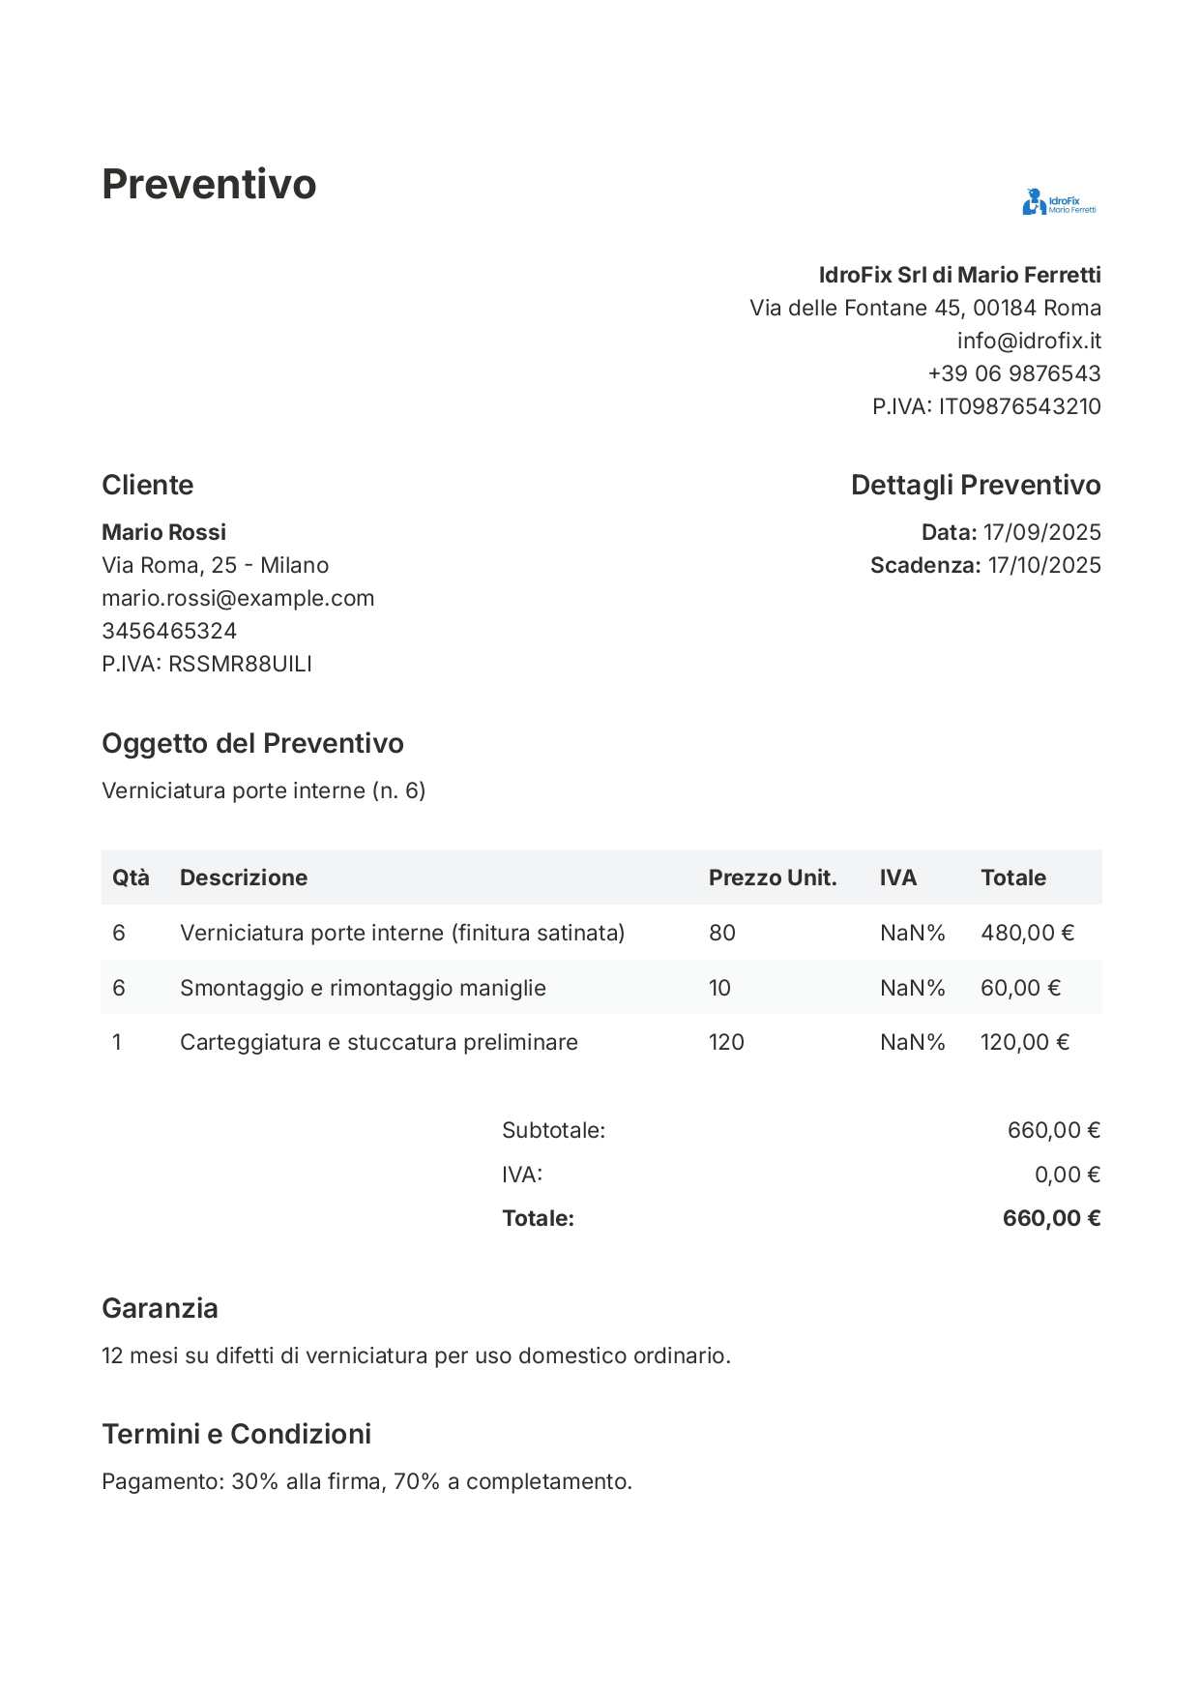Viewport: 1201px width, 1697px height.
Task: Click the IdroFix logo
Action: click(x=1059, y=202)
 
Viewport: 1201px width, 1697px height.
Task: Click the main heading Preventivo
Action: click(x=209, y=184)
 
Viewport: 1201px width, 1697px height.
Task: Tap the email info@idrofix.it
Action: click(x=1029, y=341)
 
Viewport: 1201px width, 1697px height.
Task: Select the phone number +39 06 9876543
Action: click(x=1014, y=373)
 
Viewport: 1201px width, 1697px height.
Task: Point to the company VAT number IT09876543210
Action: click(x=1019, y=406)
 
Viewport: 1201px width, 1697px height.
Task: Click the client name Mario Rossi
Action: click(x=163, y=532)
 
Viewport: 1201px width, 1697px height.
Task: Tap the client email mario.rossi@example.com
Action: click(x=238, y=598)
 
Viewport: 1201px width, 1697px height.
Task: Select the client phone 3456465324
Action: click(x=169, y=631)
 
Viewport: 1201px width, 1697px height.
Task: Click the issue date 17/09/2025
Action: click(x=1041, y=532)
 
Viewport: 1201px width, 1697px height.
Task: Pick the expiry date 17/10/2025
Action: click(x=1044, y=565)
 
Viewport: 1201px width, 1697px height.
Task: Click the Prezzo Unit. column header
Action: click(x=772, y=878)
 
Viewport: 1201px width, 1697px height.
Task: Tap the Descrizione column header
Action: click(x=244, y=878)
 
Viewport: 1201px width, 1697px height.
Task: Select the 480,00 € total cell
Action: click(x=1027, y=933)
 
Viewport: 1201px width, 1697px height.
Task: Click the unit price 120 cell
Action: click(x=726, y=1042)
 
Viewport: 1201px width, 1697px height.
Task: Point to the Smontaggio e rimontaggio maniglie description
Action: click(x=363, y=988)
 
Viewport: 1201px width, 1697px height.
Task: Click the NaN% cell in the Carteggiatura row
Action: click(x=912, y=1042)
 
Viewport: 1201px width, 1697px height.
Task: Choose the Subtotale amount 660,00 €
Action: click(x=1053, y=1130)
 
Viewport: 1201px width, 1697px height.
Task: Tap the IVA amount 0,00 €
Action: click(x=1067, y=1175)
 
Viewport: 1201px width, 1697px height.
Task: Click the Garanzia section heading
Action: click(x=160, y=1308)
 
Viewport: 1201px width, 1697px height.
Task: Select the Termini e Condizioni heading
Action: click(x=236, y=1434)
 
